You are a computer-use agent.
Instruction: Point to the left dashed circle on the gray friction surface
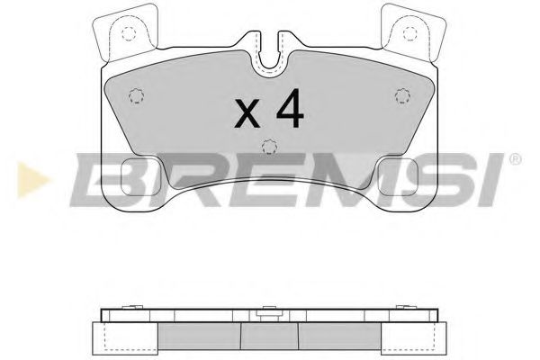pyautogui.click(x=136, y=96)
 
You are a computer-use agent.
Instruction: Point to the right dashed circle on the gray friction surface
pyautogui.click(x=403, y=96)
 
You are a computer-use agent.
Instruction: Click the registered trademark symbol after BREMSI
pyautogui.click(x=515, y=158)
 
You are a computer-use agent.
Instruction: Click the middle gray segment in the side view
pyautogui.click(x=269, y=335)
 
